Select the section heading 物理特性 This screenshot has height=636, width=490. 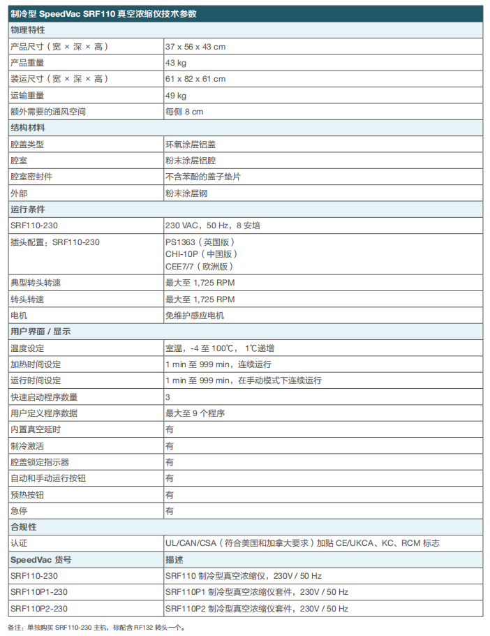point(28,30)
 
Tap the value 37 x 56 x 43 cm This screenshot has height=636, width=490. point(195,46)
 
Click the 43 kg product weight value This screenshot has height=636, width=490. point(176,63)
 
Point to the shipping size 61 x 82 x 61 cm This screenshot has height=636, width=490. point(195,79)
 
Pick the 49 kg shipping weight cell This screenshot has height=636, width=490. point(176,95)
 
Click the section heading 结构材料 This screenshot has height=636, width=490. point(28,128)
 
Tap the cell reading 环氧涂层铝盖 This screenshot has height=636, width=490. point(191,145)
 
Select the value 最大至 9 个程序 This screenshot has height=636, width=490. point(195,413)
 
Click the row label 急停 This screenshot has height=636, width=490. point(18,511)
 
